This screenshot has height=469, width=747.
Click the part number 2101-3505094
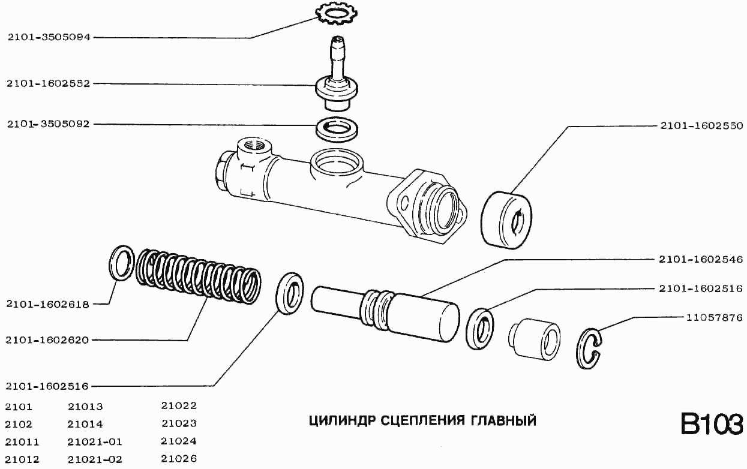pos(49,37)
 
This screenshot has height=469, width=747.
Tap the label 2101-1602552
pos(49,84)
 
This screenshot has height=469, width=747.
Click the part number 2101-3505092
pos(49,124)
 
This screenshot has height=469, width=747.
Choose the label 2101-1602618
pos(49,304)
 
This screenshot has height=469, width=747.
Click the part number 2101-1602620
pos(49,340)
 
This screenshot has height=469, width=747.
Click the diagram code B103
pos(711,423)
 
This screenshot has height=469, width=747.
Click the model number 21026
pos(179,459)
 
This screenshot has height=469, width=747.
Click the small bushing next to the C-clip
pos(535,341)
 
